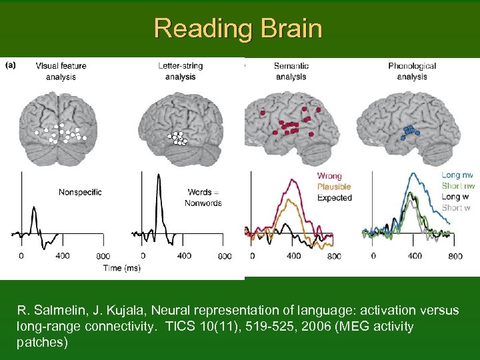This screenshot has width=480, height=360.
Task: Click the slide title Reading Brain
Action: (x=238, y=29)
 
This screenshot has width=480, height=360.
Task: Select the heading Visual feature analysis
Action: (x=61, y=71)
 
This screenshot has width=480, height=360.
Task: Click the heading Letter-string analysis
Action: (x=180, y=71)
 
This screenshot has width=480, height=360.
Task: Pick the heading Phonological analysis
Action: (x=412, y=71)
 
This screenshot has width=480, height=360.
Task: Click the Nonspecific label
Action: (x=80, y=193)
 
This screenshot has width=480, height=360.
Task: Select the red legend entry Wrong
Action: (x=329, y=177)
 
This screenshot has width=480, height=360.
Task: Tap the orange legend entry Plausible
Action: (x=334, y=187)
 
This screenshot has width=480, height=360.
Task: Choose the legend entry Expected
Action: (x=335, y=198)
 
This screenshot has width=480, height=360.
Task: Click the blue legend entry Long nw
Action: (x=458, y=175)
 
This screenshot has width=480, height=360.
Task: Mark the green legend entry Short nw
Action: (x=458, y=186)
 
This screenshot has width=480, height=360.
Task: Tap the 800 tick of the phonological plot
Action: (x=455, y=256)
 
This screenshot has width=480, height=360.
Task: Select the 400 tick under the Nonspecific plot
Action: (x=63, y=256)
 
